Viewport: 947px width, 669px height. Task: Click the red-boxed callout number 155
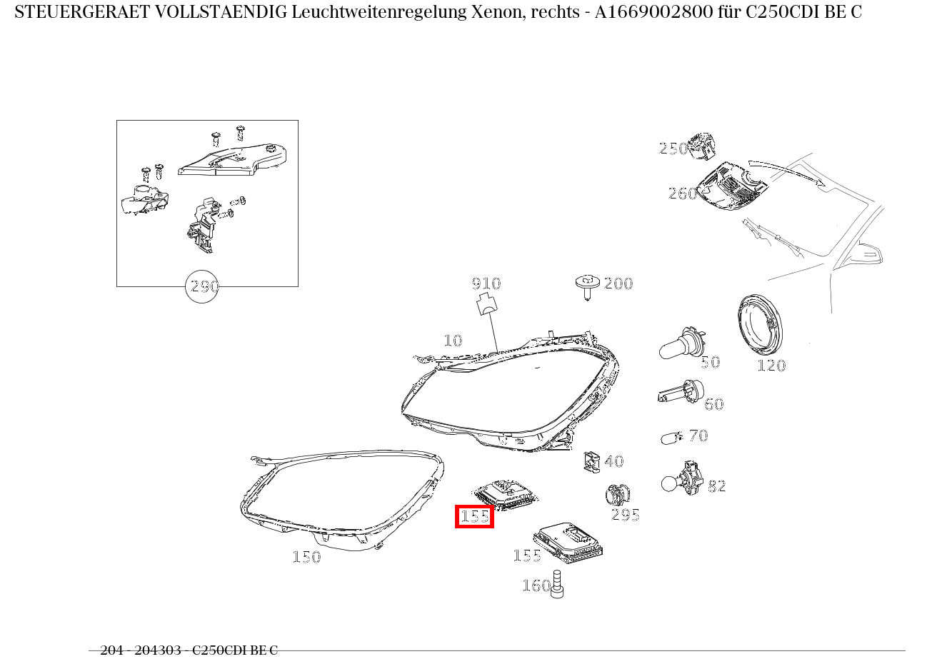(475, 516)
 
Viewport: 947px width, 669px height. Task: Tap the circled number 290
(202, 286)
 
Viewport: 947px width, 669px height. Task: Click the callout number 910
(486, 283)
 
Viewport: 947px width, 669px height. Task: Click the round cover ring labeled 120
(760, 326)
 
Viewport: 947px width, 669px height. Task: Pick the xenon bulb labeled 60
(681, 393)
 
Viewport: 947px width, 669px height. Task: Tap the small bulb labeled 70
(671, 437)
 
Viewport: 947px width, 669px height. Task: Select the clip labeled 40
(591, 462)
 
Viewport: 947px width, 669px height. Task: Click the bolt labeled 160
(558, 584)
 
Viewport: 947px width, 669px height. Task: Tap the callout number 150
(306, 557)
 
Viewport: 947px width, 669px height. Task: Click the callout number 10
(453, 341)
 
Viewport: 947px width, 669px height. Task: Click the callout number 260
(683, 193)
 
